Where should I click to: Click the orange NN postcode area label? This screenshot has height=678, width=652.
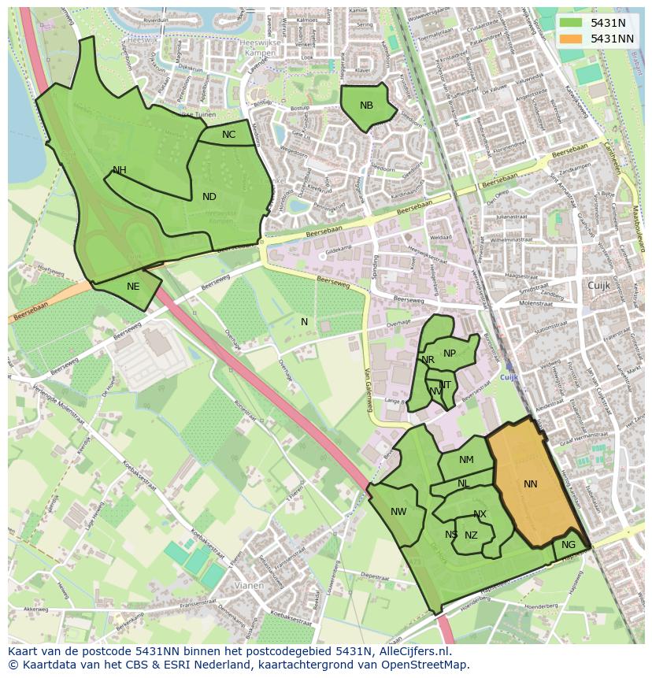[530, 483]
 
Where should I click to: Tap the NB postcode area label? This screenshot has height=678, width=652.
[366, 106]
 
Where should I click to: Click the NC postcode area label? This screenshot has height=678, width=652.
[228, 135]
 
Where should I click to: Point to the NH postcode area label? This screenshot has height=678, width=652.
[119, 170]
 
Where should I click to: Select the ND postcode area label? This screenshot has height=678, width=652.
[209, 197]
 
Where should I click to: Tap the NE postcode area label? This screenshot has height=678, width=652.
[133, 286]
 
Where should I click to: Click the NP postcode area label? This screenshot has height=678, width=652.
[449, 354]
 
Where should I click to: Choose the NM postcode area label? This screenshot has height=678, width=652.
[466, 460]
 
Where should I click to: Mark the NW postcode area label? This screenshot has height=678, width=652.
[398, 512]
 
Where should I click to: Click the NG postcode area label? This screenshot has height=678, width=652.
[568, 545]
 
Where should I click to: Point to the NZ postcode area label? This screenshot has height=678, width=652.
[471, 535]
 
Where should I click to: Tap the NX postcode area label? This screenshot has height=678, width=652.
[480, 514]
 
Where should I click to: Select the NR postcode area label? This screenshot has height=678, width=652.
[428, 360]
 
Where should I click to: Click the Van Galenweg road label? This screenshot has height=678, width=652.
[367, 391]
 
